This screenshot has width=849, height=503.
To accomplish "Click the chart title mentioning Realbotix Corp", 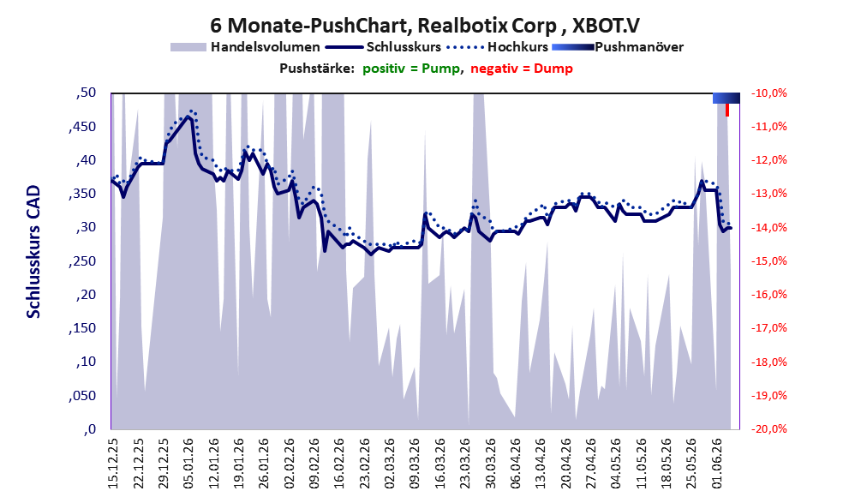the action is (425, 25).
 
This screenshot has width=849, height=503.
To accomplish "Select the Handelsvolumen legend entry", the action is (245, 47).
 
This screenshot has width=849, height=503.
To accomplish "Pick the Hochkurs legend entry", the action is (497, 47).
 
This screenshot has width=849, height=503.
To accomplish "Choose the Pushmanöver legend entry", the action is (618, 47).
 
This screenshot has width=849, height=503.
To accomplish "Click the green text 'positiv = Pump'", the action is (411, 69).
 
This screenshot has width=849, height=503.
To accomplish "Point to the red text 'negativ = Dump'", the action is (522, 69).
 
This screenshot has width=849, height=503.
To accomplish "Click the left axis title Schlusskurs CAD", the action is (33, 252).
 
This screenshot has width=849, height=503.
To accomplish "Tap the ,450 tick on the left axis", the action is (82, 127).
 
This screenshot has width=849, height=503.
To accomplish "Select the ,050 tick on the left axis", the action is (82, 396).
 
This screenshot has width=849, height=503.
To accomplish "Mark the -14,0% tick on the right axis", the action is (768, 227).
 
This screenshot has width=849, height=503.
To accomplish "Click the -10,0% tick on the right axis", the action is (768, 93).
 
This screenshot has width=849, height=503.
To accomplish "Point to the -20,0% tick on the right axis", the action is (768, 428).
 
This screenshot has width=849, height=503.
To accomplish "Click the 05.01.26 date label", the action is (188, 464).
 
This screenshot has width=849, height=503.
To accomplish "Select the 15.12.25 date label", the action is (112, 464).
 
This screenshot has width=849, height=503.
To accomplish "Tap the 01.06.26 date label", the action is (718, 464).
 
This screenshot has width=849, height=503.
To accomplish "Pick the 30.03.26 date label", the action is (491, 464).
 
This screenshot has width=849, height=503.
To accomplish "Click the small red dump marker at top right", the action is (727, 110).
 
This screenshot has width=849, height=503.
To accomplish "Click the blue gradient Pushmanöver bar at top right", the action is (726, 98).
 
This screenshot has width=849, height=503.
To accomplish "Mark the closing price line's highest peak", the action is (188, 116).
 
